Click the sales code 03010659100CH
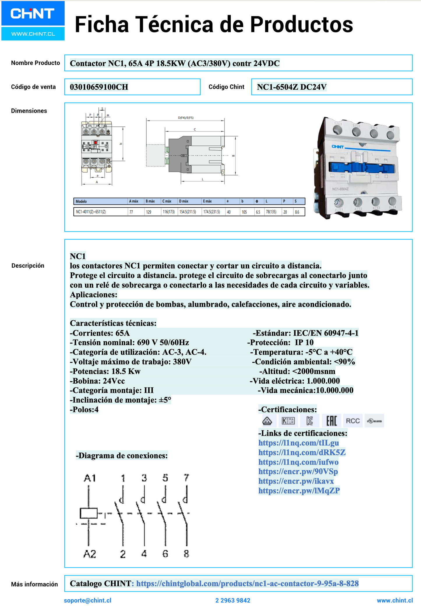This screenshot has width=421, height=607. pos(99,87)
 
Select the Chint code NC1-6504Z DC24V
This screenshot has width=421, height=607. pos(292,87)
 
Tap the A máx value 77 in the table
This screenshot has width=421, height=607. pos(131,212)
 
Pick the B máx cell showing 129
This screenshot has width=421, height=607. pos(149,212)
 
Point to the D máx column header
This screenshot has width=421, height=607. pos(184,201)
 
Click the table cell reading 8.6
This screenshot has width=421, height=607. pos(297,212)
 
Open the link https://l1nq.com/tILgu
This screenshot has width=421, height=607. pos(299,443)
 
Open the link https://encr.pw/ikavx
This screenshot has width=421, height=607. pos(296,481)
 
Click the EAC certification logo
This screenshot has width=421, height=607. pos(332,421)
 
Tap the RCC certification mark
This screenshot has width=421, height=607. pos(353,421)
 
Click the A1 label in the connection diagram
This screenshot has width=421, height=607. pos(89,478)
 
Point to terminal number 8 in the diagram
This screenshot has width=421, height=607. pos(186,554)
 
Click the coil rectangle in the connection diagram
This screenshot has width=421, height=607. pos(89,513)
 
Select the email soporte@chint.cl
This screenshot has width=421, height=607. pos(87,600)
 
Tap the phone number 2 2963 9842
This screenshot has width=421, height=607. pos(233,600)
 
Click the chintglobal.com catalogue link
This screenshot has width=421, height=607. pos(247,583)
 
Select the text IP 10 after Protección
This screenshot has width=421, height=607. pos(304,343)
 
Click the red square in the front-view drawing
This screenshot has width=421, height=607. pos(95,142)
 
